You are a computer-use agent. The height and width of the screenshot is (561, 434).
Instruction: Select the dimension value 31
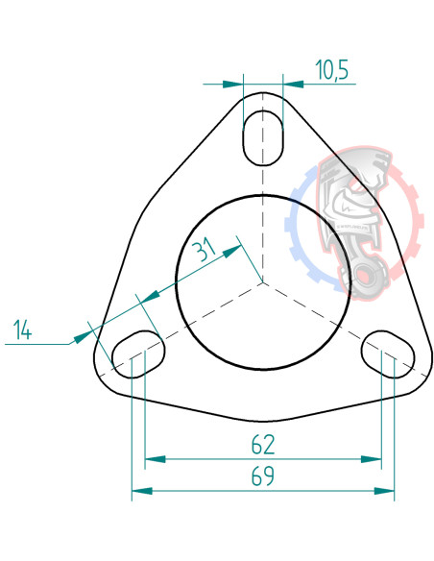pos(203,251)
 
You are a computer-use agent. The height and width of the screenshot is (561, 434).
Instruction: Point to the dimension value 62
pos(263,445)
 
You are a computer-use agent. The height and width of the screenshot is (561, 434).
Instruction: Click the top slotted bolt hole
pos(263,135)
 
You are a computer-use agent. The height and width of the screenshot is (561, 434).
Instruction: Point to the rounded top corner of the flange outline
pos(263,94)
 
